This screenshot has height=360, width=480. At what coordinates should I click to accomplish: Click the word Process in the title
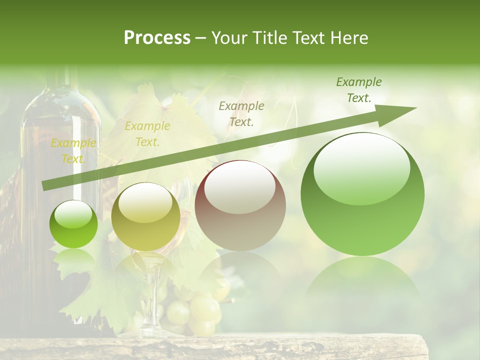(157, 37)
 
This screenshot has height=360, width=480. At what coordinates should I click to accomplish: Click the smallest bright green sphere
(73, 224)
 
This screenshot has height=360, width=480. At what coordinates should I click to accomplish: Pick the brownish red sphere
(240, 205)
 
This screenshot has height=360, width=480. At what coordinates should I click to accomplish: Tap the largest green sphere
(362, 194)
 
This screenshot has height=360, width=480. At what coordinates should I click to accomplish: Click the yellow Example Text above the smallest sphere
(73, 151)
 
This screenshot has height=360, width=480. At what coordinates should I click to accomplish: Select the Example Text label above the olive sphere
(147, 134)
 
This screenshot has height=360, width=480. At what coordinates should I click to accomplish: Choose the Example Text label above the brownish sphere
(241, 113)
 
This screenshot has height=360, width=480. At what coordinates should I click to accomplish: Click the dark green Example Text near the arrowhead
(359, 90)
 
